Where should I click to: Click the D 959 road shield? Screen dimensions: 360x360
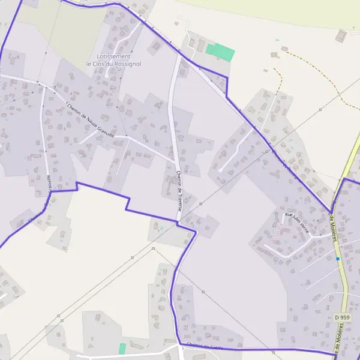(x=342, y=317)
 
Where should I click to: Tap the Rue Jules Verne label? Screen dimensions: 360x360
(x=296, y=217)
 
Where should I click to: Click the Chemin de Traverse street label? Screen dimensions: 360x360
(x=179, y=190)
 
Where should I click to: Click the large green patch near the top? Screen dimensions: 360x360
(x=220, y=52)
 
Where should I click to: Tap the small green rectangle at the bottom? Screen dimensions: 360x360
(x=122, y=348)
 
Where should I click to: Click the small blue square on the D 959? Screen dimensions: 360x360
(x=338, y=259)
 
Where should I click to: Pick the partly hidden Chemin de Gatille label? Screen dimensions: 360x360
(x=205, y=346)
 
